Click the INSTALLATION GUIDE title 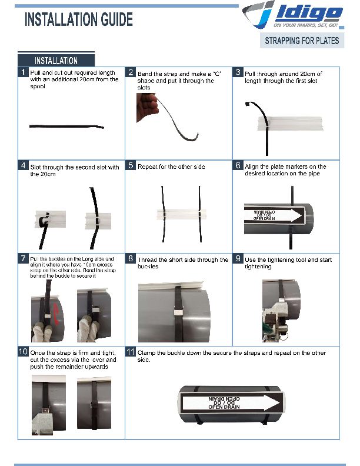pyautogui.click(x=78, y=19)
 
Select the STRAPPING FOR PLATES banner pyautogui.click(x=302, y=41)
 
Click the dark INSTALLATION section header pyautogui.click(x=56, y=61)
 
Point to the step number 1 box pyautogui.click(x=22, y=72)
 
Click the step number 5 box pyautogui.click(x=131, y=166)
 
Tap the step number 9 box pyautogui.click(x=238, y=258)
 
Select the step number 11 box pyautogui.click(x=131, y=351)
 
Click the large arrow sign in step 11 pyautogui.click(x=233, y=404)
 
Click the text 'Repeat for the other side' pyautogui.click(x=171, y=167)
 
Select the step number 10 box pyautogui.click(x=23, y=351)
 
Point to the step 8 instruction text pyautogui.click(x=182, y=263)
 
